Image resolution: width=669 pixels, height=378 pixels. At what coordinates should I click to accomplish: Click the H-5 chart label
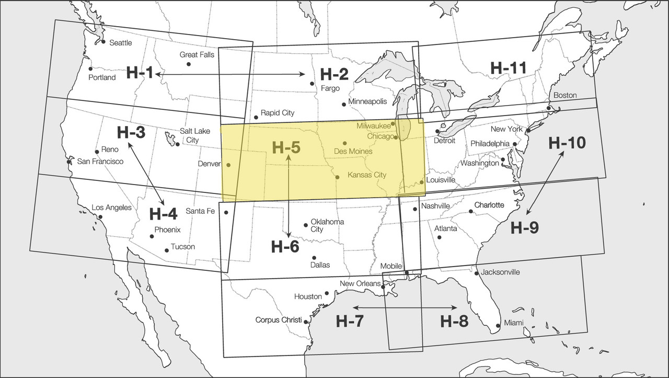pyautogui.click(x=286, y=147)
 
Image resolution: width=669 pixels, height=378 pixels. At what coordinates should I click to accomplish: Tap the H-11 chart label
pyautogui.click(x=508, y=67)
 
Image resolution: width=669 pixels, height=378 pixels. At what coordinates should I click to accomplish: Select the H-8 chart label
pyautogui.click(x=454, y=320)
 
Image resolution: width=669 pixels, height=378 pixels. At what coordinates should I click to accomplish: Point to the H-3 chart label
pyautogui.click(x=131, y=133)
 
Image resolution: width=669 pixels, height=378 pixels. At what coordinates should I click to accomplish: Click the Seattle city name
pyautogui.click(x=120, y=43)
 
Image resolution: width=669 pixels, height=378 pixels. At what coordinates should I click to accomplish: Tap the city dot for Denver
pyautogui.click(x=228, y=165)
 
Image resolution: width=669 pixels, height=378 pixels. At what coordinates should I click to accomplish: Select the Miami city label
pyautogui.click(x=513, y=324)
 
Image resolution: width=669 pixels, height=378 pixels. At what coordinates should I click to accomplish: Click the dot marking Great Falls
pyautogui.click(x=189, y=64)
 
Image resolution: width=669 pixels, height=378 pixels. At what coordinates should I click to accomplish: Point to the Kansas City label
pyautogui.click(x=366, y=175)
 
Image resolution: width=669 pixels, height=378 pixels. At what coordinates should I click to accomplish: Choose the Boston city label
pyautogui.click(x=564, y=95)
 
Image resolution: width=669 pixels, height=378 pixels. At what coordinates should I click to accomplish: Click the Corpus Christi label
pyautogui.click(x=279, y=320)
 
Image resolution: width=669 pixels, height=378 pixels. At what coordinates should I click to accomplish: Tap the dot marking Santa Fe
pyautogui.click(x=226, y=212)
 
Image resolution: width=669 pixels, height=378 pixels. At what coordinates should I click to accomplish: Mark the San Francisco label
pyautogui.click(x=100, y=162)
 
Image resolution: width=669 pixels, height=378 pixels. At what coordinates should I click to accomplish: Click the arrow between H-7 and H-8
pyautogui.click(x=405, y=307)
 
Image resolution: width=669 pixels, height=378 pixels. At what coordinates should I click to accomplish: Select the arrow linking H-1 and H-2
pyautogui.click(x=230, y=75)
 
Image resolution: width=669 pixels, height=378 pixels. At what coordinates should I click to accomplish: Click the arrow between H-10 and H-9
pyautogui.click(x=545, y=183)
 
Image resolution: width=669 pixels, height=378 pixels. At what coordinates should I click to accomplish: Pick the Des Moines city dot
pyautogui.click(x=344, y=143)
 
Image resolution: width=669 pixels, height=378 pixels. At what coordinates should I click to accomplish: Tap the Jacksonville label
pyautogui.click(x=500, y=272)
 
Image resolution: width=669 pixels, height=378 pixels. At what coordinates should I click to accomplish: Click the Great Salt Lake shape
pyautogui.click(x=170, y=139)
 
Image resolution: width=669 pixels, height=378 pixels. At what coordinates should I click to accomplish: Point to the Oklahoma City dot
pyautogui.click(x=306, y=226)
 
